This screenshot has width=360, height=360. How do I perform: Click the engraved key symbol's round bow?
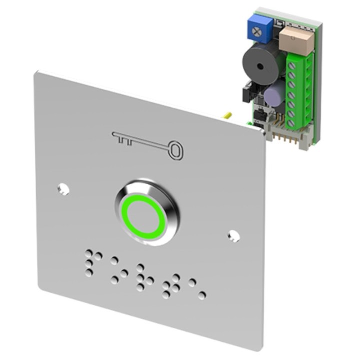175,150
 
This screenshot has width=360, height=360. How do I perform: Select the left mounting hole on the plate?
63,188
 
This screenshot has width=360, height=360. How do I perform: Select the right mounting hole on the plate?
233,235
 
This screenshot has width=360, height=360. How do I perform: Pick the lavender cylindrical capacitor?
273,94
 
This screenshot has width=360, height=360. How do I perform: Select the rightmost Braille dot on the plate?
201,295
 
